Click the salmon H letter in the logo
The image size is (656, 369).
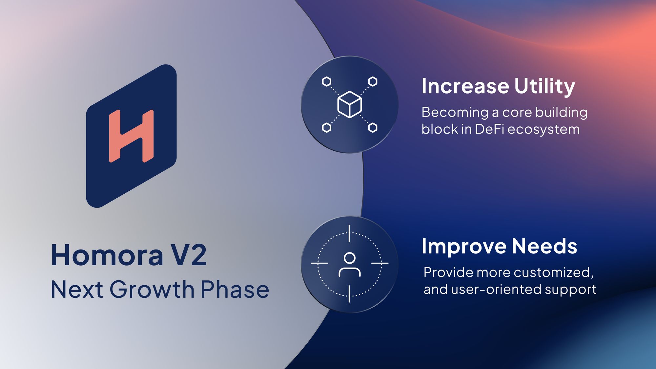[131, 136]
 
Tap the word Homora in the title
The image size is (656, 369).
[107, 255]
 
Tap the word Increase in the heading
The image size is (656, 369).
[465, 86]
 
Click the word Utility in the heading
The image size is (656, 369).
[544, 87]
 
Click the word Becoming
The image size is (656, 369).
[455, 113]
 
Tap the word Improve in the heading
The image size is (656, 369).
[464, 247]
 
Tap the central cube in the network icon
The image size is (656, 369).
[350, 104]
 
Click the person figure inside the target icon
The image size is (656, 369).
[350, 265]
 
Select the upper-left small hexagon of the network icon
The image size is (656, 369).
[326, 81]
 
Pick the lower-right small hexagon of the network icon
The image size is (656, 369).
[373, 127]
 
